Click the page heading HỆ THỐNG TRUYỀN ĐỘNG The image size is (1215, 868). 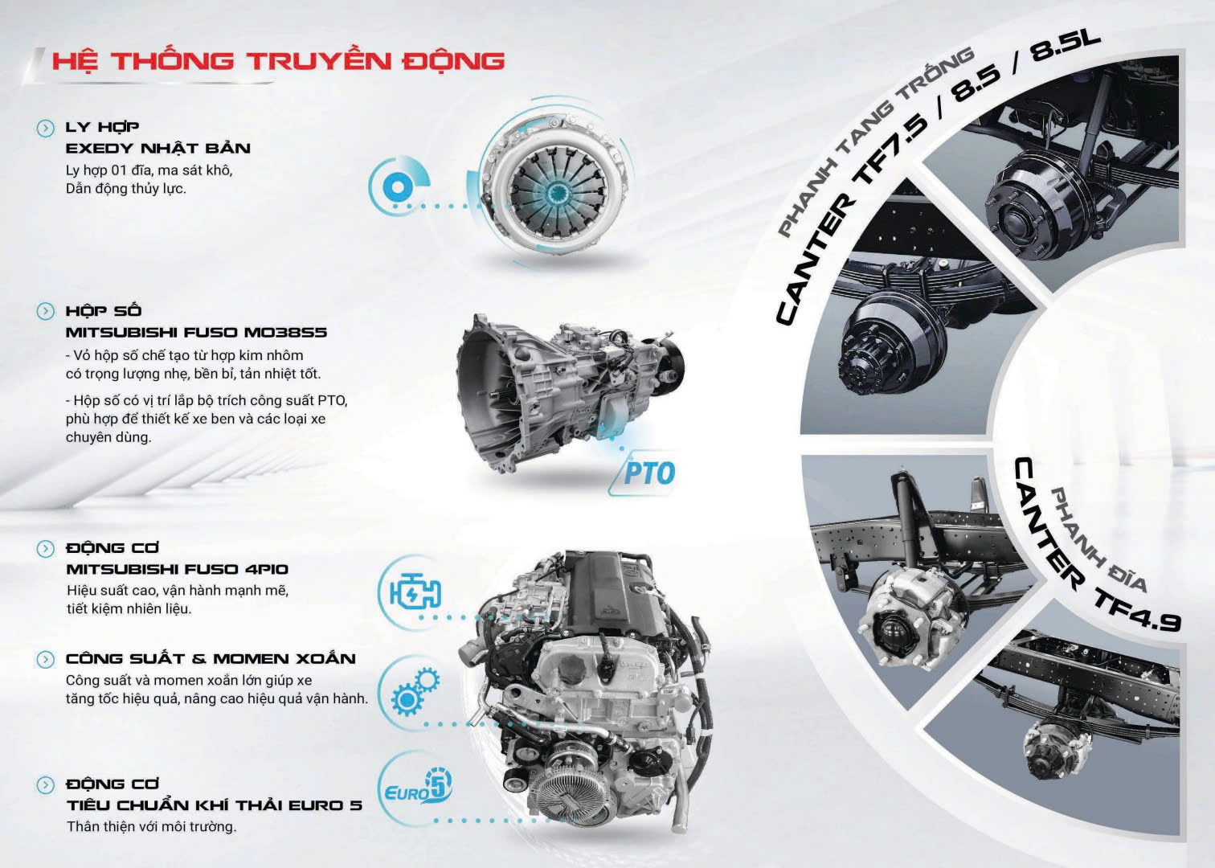pos(279,61)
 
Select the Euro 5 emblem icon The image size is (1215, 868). pos(418,787)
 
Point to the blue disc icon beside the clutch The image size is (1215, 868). pos(398,188)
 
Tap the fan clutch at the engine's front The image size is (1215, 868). pos(565,808)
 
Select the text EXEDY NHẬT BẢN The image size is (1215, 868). pos(157,148)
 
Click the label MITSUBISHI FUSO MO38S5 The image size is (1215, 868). pos(196,332)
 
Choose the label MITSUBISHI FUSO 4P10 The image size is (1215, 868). pos(178,569)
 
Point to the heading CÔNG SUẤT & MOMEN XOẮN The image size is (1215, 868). pos(211,658)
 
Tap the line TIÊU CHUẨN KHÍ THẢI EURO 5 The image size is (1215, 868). pos(215,805)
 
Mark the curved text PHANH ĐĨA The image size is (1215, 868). pos(1098,537)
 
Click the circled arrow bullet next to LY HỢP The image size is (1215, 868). pos(46,129)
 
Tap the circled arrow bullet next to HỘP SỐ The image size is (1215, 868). pos(46,311)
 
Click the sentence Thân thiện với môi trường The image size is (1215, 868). pos(151,827)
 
